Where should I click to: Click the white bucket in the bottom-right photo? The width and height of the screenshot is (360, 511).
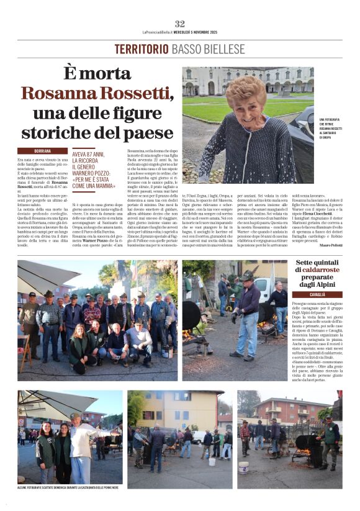point(244,466)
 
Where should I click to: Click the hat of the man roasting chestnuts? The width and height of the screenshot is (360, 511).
point(248,276)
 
